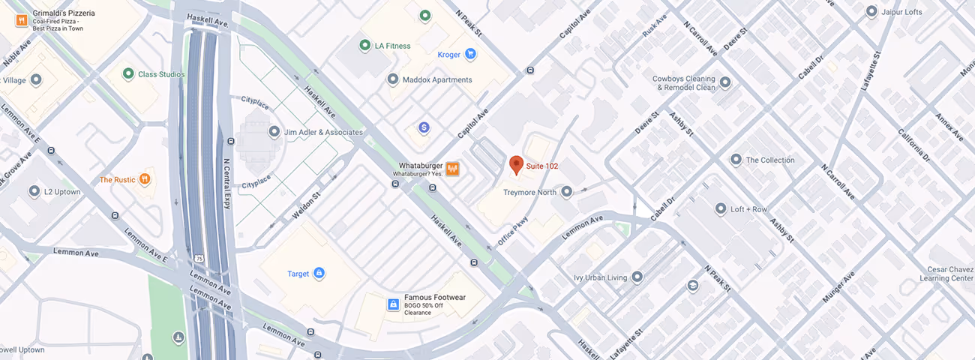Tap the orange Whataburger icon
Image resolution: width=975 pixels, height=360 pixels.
coord(452,169)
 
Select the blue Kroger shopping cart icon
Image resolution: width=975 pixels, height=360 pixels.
coord(470,54)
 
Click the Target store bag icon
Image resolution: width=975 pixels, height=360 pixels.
coord(319,274)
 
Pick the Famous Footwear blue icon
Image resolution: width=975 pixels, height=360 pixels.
coord(392,304)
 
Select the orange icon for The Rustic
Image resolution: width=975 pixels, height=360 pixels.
coord(145,180)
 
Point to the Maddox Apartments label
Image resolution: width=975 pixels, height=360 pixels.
coord(437,79)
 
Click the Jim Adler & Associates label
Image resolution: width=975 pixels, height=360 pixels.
coord(323,132)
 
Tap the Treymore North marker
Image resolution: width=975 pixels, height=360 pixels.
coord(567,193)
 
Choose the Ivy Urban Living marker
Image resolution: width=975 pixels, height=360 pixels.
coord(637,277)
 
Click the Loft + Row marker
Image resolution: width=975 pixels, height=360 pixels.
coord(721,209)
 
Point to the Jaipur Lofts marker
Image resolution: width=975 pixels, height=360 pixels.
coord(871,12)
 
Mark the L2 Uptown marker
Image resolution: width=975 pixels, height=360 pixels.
coord(34,192)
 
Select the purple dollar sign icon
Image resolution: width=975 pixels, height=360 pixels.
coord(424,128)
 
